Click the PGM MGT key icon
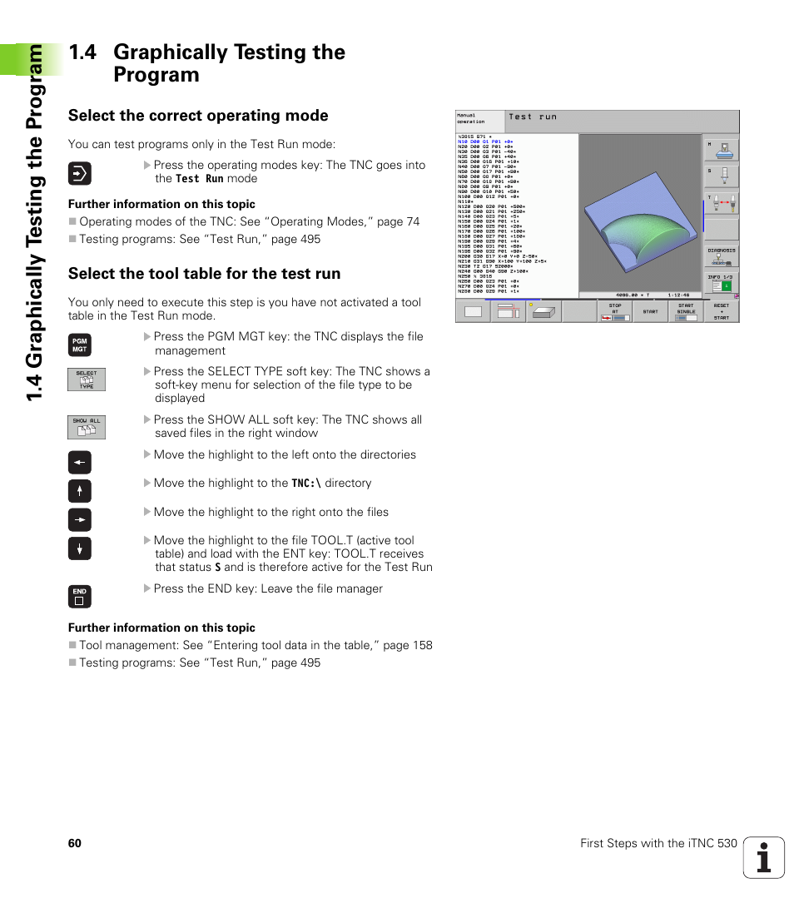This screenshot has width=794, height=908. coord(79,345)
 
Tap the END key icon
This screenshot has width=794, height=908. coord(79,596)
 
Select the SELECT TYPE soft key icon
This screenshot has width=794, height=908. coord(87,380)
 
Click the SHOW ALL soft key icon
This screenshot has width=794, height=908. coord(87,427)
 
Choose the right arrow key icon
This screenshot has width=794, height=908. coord(79,519)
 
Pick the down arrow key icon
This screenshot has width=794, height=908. coord(79,548)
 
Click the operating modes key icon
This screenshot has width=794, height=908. coord(79,173)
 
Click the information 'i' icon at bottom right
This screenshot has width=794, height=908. coord(763,857)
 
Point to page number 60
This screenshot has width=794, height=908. coord(75,843)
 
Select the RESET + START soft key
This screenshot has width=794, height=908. coord(721,311)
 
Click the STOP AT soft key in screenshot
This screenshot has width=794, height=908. coord(614,311)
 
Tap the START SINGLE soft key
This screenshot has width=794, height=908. coord(685,311)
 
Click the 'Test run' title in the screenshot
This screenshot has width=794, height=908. coord(533,117)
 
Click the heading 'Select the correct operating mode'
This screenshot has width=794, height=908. coord(198,116)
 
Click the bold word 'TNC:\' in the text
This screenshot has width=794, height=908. coord(306,484)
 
